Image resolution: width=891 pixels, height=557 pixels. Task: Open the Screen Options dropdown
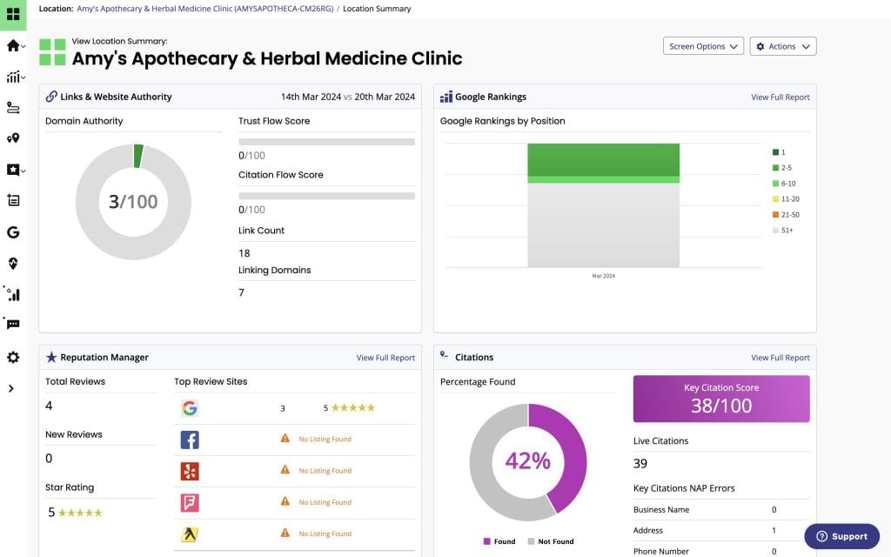tap(703, 46)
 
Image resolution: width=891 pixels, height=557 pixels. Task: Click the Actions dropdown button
tap(782, 46)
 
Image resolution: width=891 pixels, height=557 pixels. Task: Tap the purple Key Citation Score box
tap(720, 399)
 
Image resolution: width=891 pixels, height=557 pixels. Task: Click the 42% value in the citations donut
tap(528, 460)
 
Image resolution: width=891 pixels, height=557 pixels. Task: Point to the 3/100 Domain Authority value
tap(133, 202)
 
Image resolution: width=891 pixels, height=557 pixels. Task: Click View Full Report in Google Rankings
tap(780, 97)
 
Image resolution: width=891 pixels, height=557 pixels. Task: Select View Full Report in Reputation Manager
tap(385, 358)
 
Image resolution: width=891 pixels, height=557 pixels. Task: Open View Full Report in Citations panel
tap(780, 358)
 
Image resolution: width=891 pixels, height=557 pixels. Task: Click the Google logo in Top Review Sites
tap(190, 408)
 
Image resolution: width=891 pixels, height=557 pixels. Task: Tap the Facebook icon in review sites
tap(190, 440)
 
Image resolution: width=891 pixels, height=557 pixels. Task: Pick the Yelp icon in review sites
tap(190, 471)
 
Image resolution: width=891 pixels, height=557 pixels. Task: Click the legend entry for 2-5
tap(783, 168)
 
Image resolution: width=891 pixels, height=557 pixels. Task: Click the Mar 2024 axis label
tap(603, 276)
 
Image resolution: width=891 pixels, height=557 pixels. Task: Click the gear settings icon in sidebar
tap(13, 358)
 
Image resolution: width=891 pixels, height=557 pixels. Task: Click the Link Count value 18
tap(245, 253)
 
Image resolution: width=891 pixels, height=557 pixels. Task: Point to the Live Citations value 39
tap(640, 464)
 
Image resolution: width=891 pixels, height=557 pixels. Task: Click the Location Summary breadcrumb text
tap(377, 9)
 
